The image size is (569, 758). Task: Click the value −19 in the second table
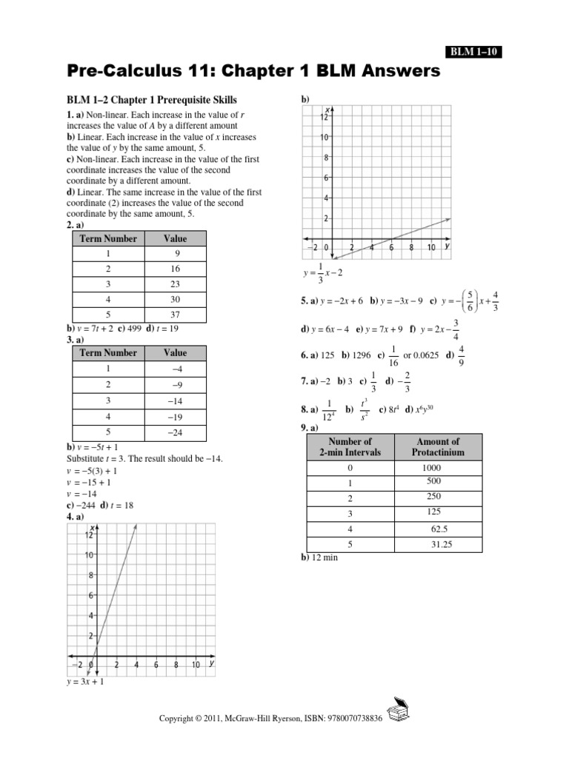click(176, 416)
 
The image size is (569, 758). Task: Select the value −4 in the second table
click(176, 369)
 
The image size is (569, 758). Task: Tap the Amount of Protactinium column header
click(439, 446)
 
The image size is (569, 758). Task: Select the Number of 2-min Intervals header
click(350, 446)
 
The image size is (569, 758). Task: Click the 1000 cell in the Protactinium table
click(431, 468)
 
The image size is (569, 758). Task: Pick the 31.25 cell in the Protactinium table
click(441, 544)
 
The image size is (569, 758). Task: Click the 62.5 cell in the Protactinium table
click(439, 529)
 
